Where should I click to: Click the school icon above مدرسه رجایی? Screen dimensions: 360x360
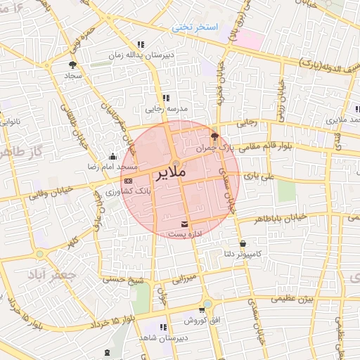[x=166, y=98]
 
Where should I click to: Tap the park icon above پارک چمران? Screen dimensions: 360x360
[x=214, y=136]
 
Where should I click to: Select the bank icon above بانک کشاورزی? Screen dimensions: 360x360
[x=127, y=181]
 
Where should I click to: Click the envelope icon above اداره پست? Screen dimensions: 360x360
[x=185, y=224]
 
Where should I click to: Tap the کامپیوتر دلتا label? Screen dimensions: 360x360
[x=257, y=253]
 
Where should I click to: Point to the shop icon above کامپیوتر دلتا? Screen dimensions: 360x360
[x=243, y=244]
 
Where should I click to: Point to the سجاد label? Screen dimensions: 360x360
[x=74, y=74]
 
